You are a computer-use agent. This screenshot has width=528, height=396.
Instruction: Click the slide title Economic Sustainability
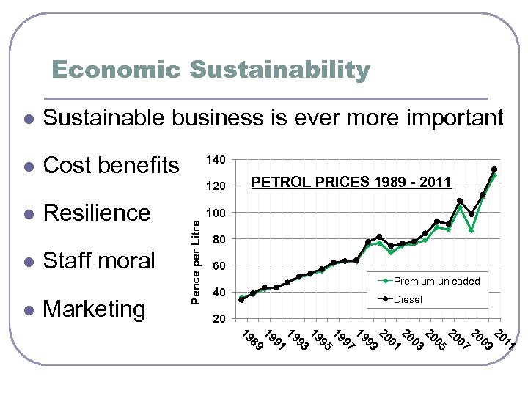tap(211, 70)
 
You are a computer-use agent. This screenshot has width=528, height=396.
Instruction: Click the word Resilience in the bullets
tap(97, 213)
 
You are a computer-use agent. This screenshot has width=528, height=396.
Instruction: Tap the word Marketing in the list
tap(95, 309)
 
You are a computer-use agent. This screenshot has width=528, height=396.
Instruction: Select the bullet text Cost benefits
tap(111, 165)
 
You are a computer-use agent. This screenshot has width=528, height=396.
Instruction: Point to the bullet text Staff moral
tap(99, 260)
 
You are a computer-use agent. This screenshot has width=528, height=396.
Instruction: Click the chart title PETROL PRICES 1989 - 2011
tap(351, 182)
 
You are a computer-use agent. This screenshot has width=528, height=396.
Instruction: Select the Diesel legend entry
tap(408, 299)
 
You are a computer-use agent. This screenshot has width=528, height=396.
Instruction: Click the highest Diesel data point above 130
tap(494, 169)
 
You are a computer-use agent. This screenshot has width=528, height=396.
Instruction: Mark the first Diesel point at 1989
tap(241, 299)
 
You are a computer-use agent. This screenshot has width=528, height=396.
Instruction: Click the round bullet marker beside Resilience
tap(27, 214)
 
